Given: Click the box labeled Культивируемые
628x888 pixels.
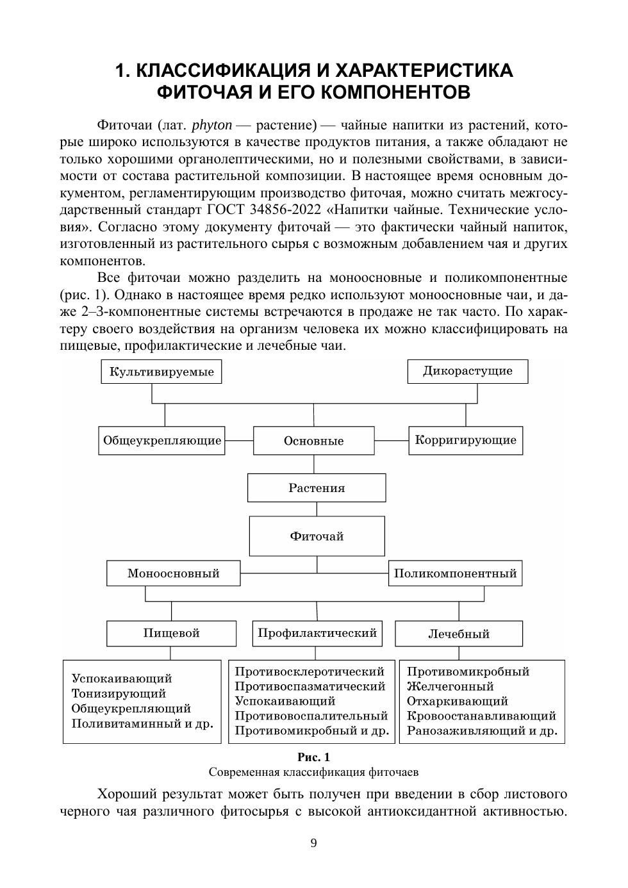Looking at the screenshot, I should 161,372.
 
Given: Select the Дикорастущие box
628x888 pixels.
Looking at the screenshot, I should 468,371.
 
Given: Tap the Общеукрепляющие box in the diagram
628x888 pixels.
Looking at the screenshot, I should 161,441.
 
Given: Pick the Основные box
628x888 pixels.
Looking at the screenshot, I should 314,441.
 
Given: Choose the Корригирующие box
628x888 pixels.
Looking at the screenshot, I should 466,440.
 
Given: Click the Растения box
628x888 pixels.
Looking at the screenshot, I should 317,488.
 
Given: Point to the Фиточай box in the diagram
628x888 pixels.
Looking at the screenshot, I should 317,536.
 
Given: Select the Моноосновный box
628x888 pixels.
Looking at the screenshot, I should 174,573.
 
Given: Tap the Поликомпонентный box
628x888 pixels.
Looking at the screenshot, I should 455,573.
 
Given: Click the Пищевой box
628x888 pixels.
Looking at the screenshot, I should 171,633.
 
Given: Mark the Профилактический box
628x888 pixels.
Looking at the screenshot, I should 317,633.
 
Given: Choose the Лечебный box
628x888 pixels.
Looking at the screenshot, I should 459,634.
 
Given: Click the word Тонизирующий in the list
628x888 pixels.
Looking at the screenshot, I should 119,694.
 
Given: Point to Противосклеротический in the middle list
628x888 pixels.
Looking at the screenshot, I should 310,672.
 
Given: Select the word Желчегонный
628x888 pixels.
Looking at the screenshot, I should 450,687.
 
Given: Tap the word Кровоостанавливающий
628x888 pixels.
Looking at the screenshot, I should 481,716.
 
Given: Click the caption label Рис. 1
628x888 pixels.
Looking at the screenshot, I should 313,757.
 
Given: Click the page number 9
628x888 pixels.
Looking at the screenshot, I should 313,843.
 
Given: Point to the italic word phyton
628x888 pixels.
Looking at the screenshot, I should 211,124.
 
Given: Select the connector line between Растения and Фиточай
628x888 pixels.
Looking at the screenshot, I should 317,509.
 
